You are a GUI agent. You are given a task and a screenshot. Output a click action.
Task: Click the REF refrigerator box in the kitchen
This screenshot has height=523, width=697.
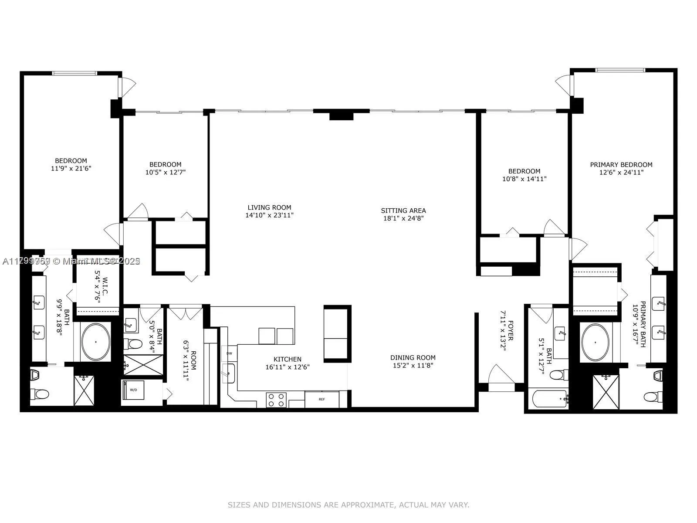[x=321, y=399]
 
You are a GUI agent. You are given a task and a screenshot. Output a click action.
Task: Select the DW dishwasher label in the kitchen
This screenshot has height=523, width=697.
[x=229, y=353]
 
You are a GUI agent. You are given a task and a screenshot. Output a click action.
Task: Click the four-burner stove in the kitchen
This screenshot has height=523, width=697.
[x=277, y=400]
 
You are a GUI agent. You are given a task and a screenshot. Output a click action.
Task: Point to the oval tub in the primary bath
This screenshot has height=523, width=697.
[x=595, y=343]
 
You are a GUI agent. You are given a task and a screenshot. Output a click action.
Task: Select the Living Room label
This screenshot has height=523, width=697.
[x=269, y=207]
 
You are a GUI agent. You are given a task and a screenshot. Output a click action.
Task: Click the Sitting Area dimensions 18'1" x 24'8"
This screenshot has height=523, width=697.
[x=403, y=218]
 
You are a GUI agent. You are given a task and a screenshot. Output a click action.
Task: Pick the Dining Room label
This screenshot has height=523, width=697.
[x=413, y=357]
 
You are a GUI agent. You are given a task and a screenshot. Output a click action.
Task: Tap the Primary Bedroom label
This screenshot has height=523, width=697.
[x=621, y=165]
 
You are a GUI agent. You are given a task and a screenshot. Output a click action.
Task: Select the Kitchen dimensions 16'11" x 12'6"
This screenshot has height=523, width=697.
[x=288, y=367]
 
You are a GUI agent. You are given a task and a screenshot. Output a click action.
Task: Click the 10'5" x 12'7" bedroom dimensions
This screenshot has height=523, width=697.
[x=165, y=172]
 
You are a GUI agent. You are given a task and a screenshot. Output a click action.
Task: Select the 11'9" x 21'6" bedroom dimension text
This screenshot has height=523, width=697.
[x=71, y=168]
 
